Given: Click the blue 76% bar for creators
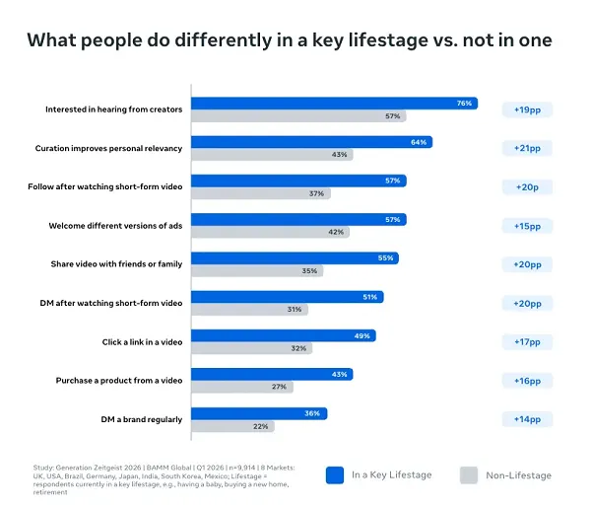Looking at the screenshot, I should click(x=334, y=103).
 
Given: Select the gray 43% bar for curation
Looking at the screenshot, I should click(x=271, y=155).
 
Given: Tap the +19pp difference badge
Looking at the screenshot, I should click(x=527, y=109).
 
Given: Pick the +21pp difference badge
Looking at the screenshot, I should click(x=527, y=148).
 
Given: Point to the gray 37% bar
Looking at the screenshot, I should click(x=260, y=193).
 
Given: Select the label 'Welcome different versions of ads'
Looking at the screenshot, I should click(x=115, y=226).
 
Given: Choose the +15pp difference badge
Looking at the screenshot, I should click(x=527, y=226).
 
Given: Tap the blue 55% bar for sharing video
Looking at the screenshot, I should click(x=295, y=257).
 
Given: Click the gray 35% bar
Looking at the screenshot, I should click(x=256, y=270).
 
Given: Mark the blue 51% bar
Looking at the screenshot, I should click(x=287, y=296).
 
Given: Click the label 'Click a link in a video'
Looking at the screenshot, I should click(x=142, y=342).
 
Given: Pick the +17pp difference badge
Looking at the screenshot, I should click(x=527, y=341).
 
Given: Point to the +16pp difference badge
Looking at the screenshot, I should click(x=527, y=381).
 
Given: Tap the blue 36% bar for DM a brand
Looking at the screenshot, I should click(x=258, y=413).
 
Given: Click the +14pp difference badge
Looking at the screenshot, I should click(x=527, y=419).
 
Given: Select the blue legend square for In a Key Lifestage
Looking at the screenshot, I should click(x=334, y=474).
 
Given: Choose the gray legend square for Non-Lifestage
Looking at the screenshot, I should click(x=469, y=474).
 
